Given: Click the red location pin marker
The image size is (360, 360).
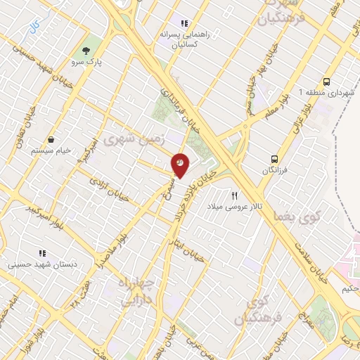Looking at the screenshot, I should [x=180, y=165].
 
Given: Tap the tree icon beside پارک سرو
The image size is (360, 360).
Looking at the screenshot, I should [x=86, y=51].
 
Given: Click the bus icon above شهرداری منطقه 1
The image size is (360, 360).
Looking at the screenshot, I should [x=327, y=82].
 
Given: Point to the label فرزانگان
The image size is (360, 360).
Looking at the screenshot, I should [x=276, y=171].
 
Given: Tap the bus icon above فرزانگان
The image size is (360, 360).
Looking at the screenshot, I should [x=276, y=159].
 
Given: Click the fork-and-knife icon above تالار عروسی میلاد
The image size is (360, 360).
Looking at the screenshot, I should [x=235, y=195].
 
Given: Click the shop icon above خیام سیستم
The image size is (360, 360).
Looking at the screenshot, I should [x=51, y=140].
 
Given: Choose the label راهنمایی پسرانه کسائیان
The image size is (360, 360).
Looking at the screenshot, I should [x=186, y=38].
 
